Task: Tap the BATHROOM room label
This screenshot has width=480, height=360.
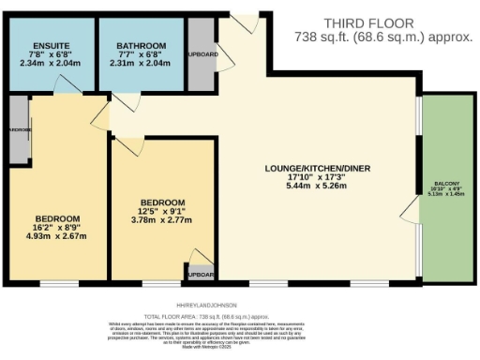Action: [142, 46]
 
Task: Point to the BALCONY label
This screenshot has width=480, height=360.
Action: [446, 184]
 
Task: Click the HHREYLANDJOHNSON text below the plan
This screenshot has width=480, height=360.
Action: [207, 305]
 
